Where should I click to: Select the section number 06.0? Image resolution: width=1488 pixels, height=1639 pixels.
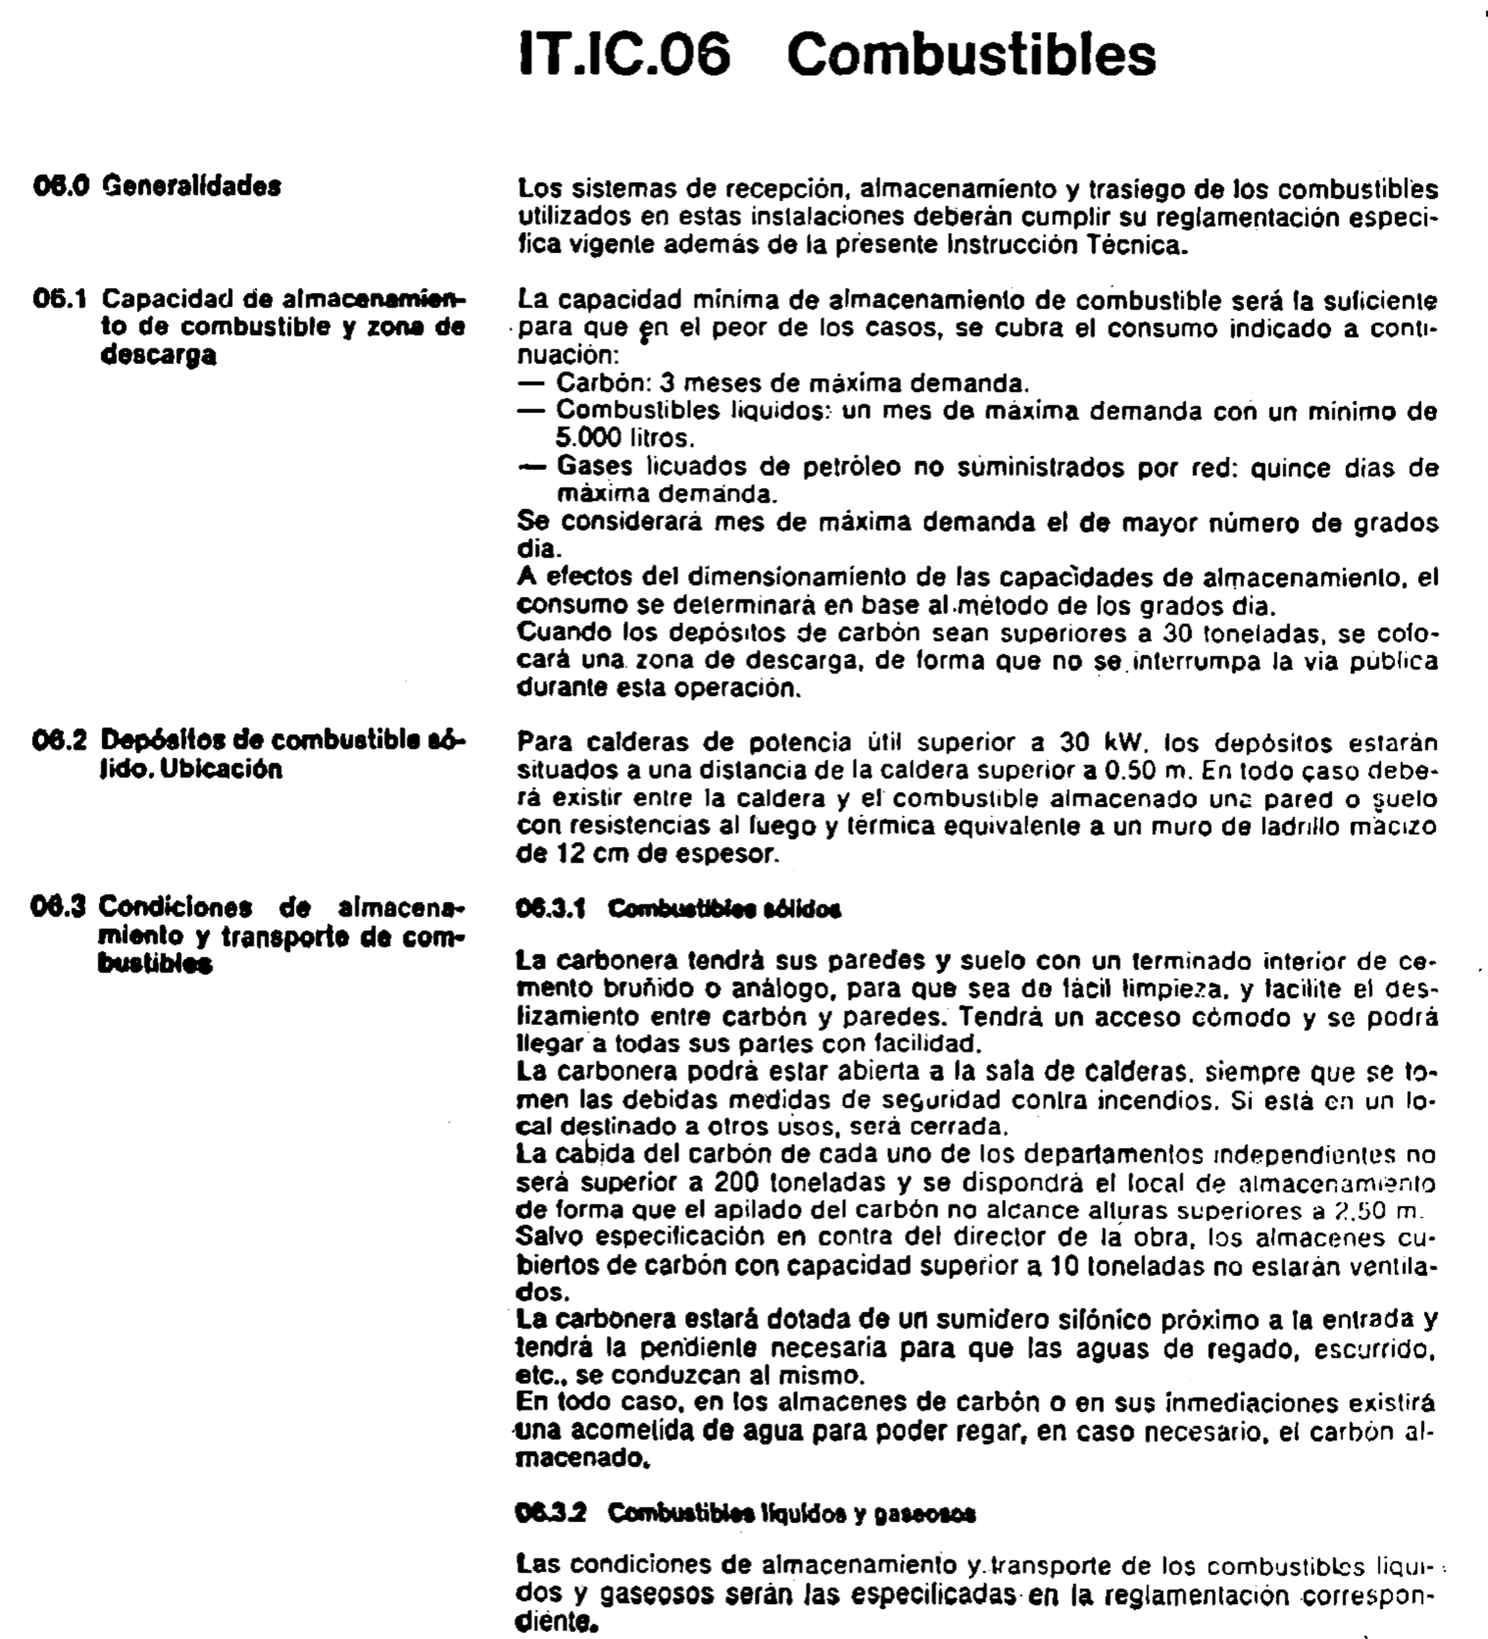[x=61, y=186]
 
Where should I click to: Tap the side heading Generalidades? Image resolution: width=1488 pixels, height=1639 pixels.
[x=192, y=186]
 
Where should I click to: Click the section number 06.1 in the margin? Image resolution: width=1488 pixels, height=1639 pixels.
[x=61, y=299]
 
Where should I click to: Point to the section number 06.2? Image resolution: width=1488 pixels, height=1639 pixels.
[x=61, y=741]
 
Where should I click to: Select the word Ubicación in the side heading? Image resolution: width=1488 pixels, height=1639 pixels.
[x=221, y=769]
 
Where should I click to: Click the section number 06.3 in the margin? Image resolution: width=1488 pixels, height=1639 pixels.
[x=59, y=907]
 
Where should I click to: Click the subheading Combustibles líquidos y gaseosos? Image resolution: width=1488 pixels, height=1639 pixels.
[x=792, y=1514]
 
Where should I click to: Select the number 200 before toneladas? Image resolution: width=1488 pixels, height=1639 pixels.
[x=737, y=1180]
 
